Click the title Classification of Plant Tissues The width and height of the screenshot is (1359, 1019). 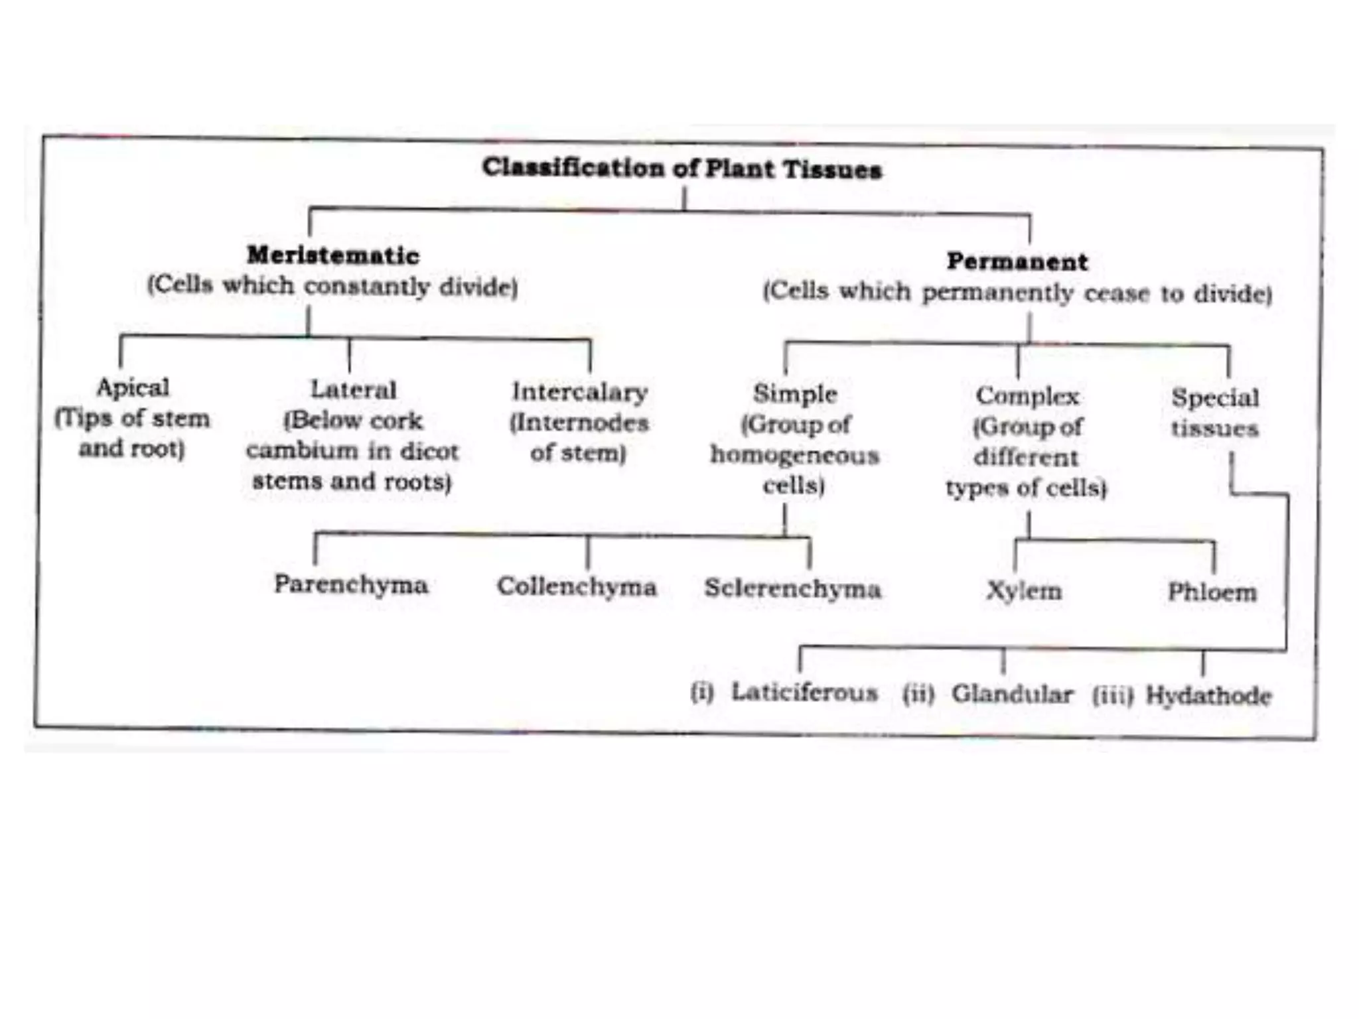pos(681,169)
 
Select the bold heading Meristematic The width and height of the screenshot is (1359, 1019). pos(333,255)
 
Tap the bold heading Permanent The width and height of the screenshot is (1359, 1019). pos(1017,261)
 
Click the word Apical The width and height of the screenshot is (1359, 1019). pos(133,387)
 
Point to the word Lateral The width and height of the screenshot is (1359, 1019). pos(353,389)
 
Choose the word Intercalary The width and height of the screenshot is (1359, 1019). pos(580,392)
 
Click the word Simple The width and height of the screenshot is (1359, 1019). pos(795,394)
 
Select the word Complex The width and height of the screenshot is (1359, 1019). pos(1027,396)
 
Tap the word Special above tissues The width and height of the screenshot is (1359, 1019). pos(1214,398)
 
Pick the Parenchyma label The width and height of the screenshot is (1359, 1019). pos(351,584)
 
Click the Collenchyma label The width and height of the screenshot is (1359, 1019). pos(577,586)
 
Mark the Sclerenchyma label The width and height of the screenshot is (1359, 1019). pos(793,588)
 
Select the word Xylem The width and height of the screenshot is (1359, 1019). pos(1024,590)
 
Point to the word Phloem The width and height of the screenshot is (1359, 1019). pos(1212,592)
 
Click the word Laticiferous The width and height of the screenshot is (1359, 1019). pos(804,692)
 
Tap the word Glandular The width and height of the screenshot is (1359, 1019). pos(1012,694)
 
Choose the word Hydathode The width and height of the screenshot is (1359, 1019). pos(1208,696)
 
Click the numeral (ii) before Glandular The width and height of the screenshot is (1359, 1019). pos(918,694)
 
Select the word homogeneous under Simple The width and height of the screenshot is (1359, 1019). pos(795,455)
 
